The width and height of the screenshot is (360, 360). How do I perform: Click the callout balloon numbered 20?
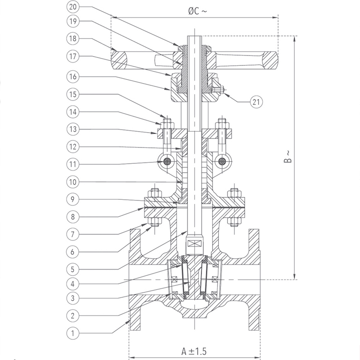(73, 7)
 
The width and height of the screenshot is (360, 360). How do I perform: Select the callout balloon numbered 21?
(256, 102)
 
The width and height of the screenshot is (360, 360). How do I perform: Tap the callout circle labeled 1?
(73, 333)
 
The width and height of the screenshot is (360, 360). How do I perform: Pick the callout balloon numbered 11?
(73, 164)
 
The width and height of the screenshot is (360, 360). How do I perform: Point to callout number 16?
(73, 76)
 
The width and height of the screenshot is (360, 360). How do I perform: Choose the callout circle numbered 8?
(73, 217)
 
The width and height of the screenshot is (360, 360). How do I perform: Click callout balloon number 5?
(73, 269)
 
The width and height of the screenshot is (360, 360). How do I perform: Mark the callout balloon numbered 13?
(73, 129)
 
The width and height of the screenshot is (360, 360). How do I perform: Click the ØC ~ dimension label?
(197, 11)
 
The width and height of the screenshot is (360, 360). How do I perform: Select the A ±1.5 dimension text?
(194, 351)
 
